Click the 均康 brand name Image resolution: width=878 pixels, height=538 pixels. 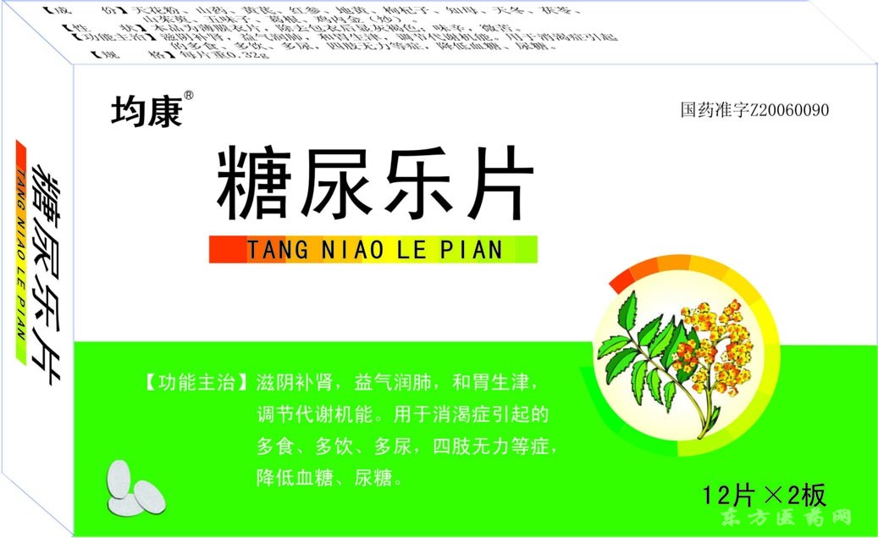pyautogui.click(x=146, y=112)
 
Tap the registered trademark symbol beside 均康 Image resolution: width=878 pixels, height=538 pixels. pyautogui.click(x=189, y=95)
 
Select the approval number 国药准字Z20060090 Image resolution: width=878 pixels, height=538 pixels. pyautogui.click(x=754, y=111)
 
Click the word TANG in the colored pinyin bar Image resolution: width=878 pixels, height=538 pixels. pyautogui.click(x=274, y=250)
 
